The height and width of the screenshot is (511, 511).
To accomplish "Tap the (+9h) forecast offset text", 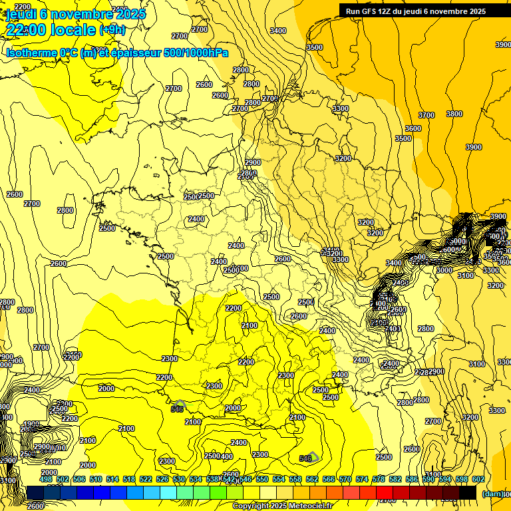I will pos(112,30).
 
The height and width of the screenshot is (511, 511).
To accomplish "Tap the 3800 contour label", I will pos(454,114).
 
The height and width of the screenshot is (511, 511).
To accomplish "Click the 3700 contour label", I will pos(426,115).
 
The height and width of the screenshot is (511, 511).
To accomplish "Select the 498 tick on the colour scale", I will pos(46,479).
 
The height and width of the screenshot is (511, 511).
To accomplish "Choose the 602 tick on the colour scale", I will pos(478,479).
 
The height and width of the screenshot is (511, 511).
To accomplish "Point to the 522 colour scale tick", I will pos(146,479).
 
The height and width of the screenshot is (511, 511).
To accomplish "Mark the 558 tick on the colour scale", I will pos(295,479).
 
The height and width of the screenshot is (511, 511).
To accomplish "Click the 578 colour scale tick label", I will pos(379,479).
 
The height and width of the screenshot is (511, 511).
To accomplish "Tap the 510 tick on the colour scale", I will pos(96,479).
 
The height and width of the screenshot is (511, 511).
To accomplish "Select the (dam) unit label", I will pos(493,494).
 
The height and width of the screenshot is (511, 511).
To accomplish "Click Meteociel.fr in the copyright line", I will pos(310,506).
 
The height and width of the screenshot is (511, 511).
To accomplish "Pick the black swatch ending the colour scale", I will pos(467,492).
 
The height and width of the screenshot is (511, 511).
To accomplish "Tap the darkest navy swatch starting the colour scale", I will pos(35,492).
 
